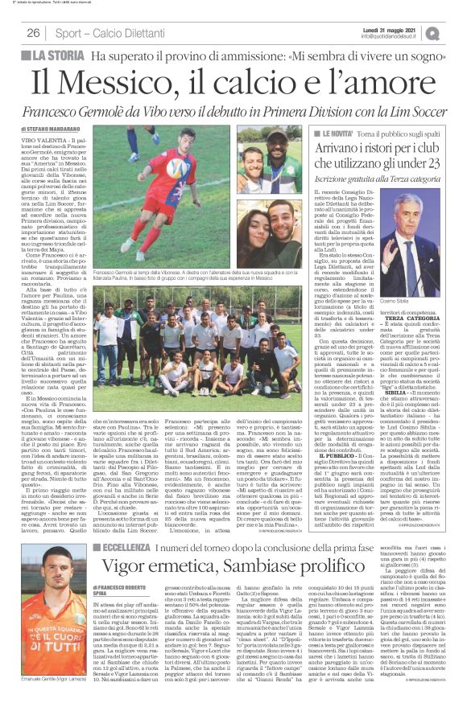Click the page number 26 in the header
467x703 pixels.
point(34,33)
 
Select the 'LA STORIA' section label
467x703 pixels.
point(56,57)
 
